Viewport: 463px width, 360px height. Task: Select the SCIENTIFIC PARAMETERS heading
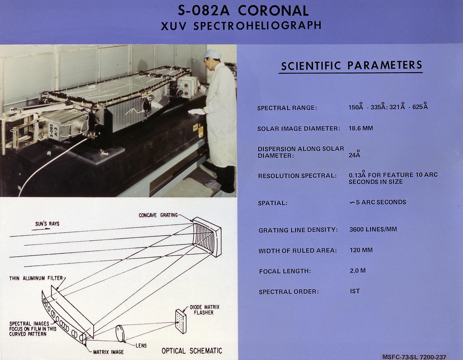[x=351, y=65]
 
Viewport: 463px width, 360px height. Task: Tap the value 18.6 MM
[x=361, y=128]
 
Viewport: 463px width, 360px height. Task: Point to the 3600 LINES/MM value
[x=373, y=230]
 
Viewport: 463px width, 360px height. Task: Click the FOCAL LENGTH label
[x=285, y=271]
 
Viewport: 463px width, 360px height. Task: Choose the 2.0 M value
[x=357, y=270]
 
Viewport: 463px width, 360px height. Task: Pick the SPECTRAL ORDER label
[x=289, y=292]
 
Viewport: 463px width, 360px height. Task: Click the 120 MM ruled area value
[x=361, y=250]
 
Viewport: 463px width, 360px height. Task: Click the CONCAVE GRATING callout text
[x=158, y=215]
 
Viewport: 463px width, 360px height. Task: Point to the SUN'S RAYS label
[x=47, y=224]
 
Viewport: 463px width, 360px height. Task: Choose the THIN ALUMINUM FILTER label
[x=36, y=278]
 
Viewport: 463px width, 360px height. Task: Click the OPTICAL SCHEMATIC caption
[x=191, y=351]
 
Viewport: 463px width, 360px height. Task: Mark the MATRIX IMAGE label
[x=108, y=352]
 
